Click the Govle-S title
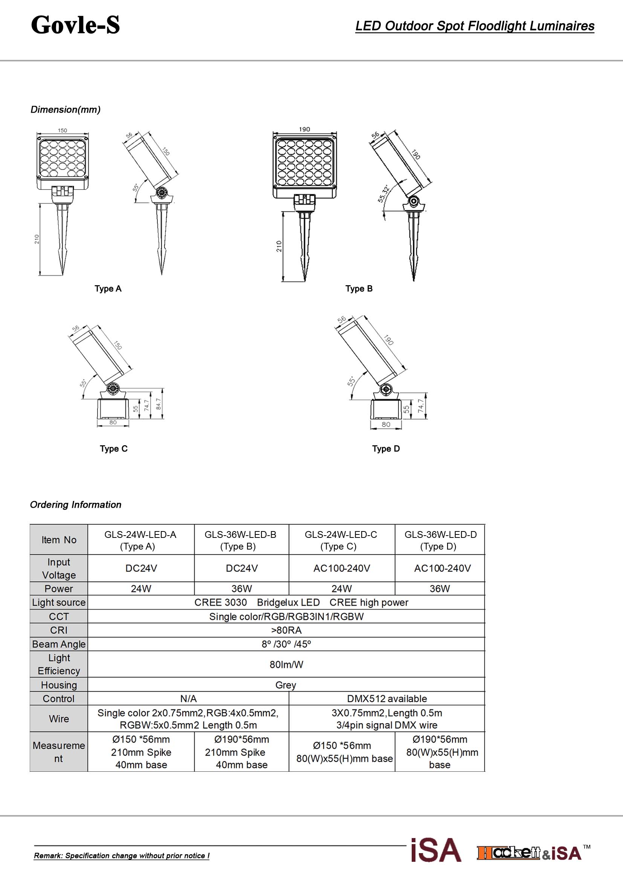coord(75,25)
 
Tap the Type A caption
coord(108,289)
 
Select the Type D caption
coord(386,449)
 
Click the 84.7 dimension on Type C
coord(159,405)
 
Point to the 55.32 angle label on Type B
coord(383,193)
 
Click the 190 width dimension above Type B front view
coord(304,129)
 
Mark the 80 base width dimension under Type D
coord(386,424)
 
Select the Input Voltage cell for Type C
coord(341,568)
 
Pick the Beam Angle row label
coord(59,644)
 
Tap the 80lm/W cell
coord(286,664)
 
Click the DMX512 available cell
coord(387,699)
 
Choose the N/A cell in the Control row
coord(188,699)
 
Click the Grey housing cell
coord(286,685)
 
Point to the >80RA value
coord(286,631)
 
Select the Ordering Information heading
coord(76,505)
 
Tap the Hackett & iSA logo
coord(529,853)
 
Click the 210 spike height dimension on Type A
coord(37,239)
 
